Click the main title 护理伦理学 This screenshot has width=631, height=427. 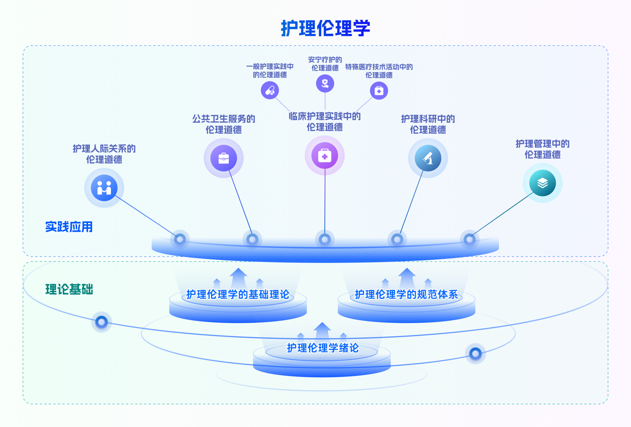click(x=325, y=28)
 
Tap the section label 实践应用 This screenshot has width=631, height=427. click(x=69, y=227)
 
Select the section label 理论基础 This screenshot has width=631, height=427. click(x=69, y=289)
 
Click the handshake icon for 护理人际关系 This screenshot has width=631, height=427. click(x=104, y=188)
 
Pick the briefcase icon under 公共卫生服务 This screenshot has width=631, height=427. click(x=224, y=158)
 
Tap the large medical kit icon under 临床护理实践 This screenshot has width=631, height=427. click(x=325, y=156)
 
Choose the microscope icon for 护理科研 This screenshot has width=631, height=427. click(x=428, y=158)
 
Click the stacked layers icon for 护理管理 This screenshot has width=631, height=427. click(x=542, y=183)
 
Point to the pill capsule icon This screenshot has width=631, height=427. click(x=270, y=90)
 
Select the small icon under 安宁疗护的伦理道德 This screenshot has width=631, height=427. click(x=325, y=83)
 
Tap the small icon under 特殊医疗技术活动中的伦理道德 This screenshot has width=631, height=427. click(x=379, y=90)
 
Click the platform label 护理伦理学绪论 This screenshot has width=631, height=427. click(x=322, y=348)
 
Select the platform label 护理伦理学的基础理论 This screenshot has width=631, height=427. click(x=238, y=294)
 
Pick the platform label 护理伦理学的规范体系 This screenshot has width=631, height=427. click(x=406, y=294)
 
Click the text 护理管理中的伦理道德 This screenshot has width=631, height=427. click(x=542, y=149)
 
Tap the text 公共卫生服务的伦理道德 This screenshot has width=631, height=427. click(x=224, y=124)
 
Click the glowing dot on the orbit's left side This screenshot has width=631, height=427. click(x=101, y=322)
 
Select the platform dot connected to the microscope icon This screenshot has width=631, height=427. click(x=397, y=240)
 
